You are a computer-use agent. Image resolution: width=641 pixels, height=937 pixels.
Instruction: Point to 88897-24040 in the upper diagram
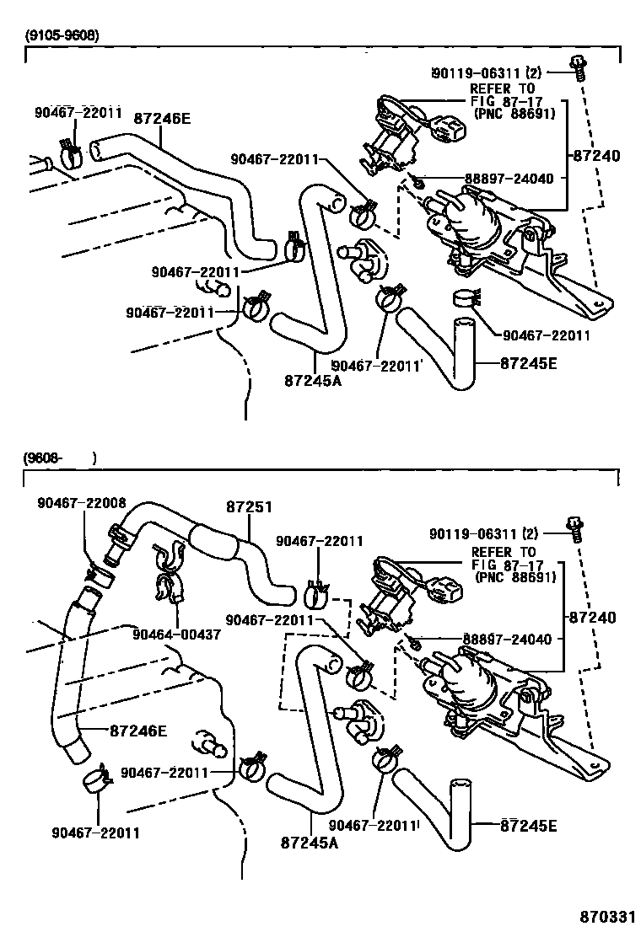point(509,179)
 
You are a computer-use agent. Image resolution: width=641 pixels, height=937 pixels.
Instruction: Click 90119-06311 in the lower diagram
point(476,533)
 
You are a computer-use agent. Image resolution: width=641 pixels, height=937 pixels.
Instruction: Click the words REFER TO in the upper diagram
point(503,88)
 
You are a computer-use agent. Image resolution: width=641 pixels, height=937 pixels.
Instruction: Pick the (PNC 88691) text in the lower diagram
point(515,577)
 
